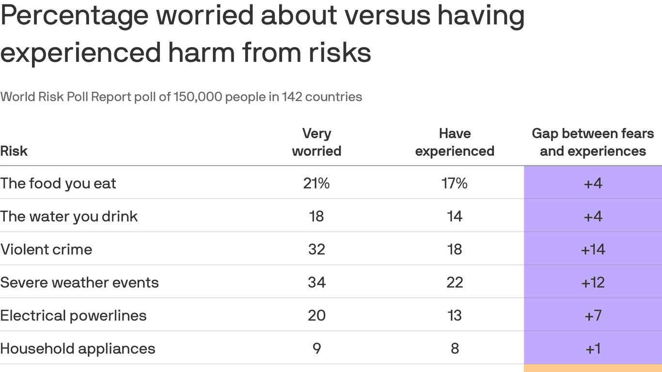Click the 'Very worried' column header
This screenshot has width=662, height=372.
316,142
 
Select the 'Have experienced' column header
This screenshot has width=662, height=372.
455,142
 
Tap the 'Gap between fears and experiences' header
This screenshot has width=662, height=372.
593,142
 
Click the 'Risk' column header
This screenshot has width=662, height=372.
14,151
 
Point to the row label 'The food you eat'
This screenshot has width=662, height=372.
58,184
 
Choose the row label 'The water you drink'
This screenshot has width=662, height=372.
69,217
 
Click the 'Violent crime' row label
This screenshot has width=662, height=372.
46,249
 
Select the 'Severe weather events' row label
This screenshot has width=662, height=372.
79,282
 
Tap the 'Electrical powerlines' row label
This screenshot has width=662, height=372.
73,316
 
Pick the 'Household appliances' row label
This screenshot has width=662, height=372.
78,349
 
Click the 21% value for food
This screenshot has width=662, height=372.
316,184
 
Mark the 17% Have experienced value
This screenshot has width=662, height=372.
455,184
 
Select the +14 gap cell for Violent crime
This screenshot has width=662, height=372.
593,249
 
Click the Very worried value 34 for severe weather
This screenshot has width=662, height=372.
316,282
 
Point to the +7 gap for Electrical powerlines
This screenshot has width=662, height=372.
593,316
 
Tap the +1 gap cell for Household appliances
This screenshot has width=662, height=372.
593,349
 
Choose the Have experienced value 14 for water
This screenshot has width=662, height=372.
455,217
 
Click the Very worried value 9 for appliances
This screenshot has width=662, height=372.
316,349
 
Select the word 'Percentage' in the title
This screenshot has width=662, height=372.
75,15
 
